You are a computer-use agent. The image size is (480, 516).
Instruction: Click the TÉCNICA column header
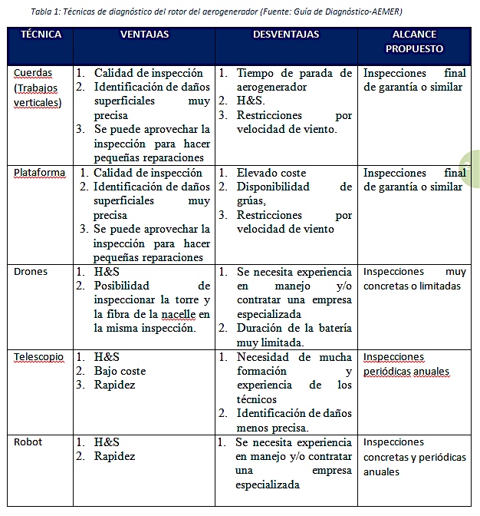41,35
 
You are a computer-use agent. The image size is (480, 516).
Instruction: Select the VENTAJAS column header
145,35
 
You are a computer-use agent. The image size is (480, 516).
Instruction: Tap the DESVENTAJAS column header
286,35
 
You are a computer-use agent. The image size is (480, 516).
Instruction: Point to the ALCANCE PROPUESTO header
414,41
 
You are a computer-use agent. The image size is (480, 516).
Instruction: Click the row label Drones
31,272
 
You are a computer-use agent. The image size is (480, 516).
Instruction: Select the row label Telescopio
38,357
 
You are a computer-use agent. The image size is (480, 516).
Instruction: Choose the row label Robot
28,442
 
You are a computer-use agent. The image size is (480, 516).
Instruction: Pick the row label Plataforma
39,173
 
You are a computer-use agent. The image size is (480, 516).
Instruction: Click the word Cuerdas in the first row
33,73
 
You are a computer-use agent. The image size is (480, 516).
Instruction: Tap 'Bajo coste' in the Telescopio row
120,371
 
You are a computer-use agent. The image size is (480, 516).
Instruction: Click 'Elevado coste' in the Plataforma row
271,173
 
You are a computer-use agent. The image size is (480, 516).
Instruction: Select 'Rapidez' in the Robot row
114,456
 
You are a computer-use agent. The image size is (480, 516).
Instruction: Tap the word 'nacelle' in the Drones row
176,314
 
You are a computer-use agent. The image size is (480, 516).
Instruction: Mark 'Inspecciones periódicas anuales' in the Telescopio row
406,365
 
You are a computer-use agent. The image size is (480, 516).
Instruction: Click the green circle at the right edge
472,169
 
